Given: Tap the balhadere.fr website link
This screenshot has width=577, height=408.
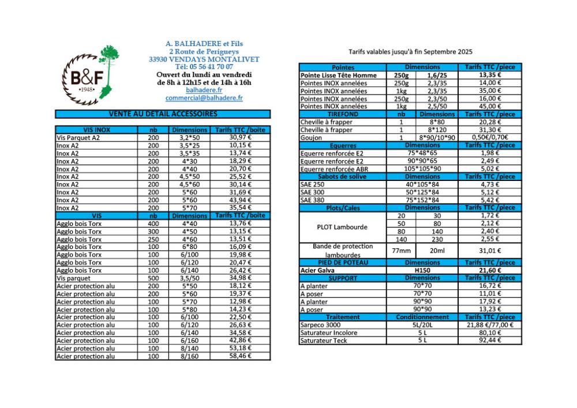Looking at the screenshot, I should (204, 90).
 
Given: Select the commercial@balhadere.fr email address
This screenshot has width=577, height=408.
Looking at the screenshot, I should (204, 98).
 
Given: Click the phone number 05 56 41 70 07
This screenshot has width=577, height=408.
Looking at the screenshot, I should (204, 67).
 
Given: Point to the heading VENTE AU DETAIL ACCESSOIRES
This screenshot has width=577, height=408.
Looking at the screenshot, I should (163, 114).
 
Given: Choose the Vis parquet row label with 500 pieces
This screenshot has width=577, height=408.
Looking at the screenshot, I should (70, 278).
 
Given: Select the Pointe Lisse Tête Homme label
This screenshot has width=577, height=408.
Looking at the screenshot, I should (339, 75).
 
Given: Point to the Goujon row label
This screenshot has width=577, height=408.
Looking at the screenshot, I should (311, 138).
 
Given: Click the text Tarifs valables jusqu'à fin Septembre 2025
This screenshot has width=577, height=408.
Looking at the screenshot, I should (410, 51).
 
